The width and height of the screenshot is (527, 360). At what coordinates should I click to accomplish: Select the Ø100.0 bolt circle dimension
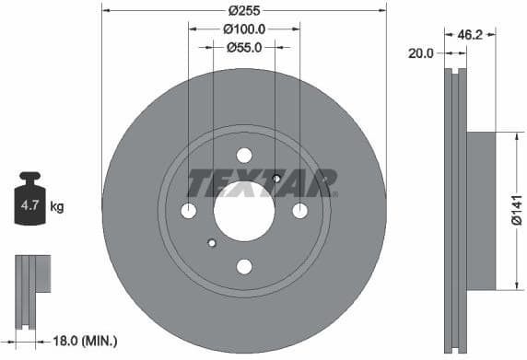(x=243, y=29)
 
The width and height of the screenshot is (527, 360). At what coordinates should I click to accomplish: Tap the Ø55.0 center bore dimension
(x=244, y=47)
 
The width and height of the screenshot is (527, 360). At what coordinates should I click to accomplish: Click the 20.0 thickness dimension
(x=420, y=53)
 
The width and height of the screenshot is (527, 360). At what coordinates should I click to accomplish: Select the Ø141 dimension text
(x=517, y=212)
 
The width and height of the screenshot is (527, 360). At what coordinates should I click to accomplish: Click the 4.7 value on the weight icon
(x=29, y=207)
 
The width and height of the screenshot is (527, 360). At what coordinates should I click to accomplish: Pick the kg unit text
(x=56, y=207)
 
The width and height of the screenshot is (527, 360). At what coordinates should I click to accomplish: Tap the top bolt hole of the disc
(x=244, y=156)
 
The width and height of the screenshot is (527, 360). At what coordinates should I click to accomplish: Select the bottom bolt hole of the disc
(x=244, y=267)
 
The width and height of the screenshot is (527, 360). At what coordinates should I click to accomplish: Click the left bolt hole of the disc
(x=189, y=211)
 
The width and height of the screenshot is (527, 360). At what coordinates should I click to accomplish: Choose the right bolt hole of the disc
(x=299, y=211)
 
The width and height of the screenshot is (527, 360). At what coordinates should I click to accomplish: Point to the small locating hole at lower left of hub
(x=212, y=243)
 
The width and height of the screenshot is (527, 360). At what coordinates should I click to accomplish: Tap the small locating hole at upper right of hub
(x=276, y=179)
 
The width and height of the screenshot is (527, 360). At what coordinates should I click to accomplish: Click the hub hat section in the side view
(x=481, y=211)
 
